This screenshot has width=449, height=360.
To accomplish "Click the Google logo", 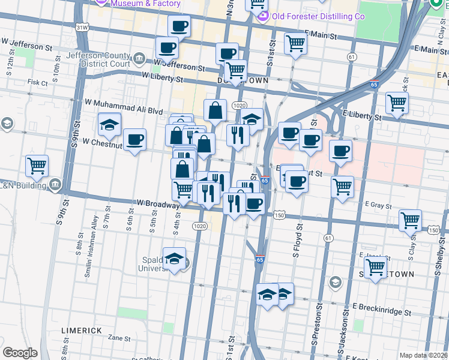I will [20, 353].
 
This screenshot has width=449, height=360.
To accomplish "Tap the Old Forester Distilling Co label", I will [310, 17].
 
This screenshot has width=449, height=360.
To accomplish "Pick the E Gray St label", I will [378, 205].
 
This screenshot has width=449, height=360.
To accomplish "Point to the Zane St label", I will [119, 338].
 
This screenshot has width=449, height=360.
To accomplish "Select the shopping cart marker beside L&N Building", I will [37, 165].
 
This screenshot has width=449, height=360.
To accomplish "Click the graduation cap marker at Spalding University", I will [174, 258].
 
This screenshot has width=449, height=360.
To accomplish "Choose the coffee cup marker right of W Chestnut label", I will [134, 139].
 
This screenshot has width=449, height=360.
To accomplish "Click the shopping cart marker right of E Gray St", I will [411, 220].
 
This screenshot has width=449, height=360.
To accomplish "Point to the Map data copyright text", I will [424, 355].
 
